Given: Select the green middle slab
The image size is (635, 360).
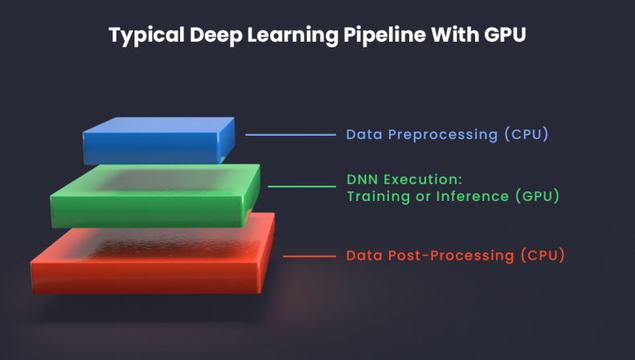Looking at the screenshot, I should [155, 195].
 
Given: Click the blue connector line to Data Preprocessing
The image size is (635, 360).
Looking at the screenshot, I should [290, 135].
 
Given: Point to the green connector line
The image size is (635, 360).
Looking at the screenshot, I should [301, 186].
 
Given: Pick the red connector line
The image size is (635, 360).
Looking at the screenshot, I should [309, 256].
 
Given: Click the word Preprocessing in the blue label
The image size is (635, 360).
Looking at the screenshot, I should [443, 134].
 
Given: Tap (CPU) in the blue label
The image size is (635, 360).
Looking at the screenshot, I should [526, 134].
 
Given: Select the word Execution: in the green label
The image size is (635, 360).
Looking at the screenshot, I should [424, 178].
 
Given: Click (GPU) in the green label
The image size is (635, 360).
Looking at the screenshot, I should [537, 195].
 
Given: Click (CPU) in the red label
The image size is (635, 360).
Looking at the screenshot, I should [543, 256].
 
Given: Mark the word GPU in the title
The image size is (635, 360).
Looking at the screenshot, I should [504, 36].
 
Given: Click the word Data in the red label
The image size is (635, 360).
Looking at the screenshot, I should [363, 256].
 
